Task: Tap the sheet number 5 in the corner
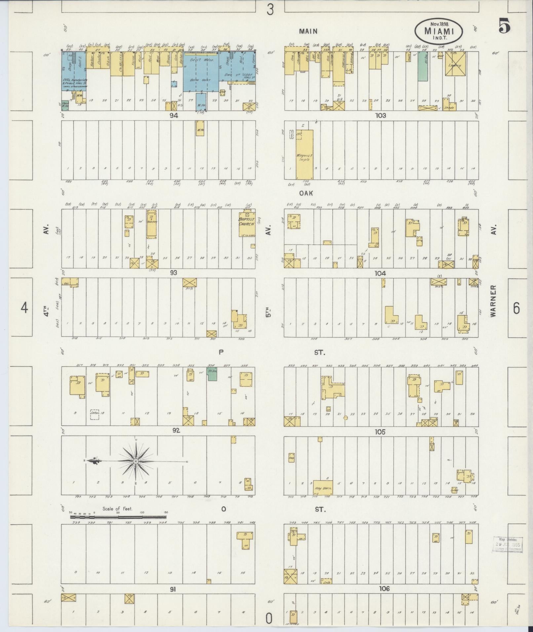(x=504, y=26)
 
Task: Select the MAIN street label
(x=308, y=31)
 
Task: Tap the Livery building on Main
(x=455, y=64)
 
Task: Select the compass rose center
(x=136, y=461)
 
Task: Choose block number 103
(x=380, y=116)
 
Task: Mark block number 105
(x=380, y=432)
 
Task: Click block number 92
(x=176, y=430)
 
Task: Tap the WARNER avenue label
(x=494, y=301)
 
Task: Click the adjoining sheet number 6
(x=516, y=308)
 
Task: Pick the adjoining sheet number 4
(x=24, y=308)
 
